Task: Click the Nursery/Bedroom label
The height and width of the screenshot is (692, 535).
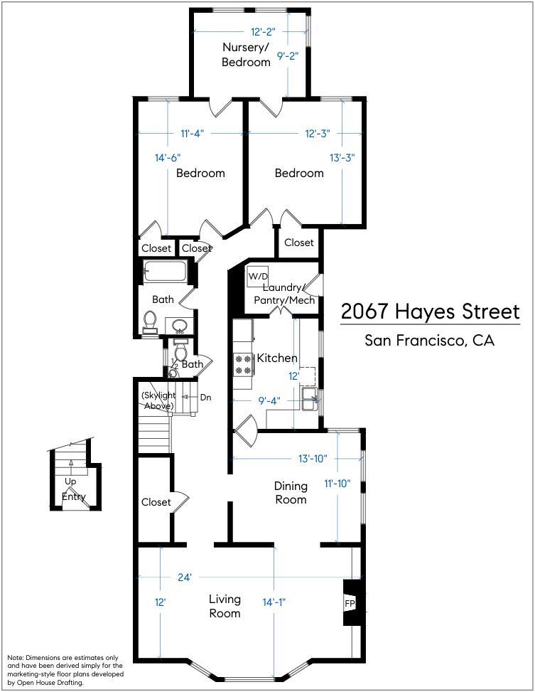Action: pos(246,54)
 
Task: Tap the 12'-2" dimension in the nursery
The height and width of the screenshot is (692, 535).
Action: pos(263,32)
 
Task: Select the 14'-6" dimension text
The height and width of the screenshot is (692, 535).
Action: pos(168,158)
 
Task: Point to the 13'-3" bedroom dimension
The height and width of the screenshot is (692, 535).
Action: pos(342,158)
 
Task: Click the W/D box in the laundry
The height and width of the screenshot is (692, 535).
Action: pos(258,277)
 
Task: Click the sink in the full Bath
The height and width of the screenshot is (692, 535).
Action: pos(179,326)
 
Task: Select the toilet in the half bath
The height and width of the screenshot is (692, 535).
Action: pos(180,351)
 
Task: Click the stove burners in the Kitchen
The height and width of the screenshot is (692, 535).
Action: pos(243,365)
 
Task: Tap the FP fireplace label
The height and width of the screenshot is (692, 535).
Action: pos(350,603)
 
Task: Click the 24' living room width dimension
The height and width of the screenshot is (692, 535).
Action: pos(184,577)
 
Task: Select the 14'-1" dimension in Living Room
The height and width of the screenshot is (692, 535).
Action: pos(274,602)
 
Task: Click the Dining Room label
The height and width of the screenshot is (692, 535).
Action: pos(291,493)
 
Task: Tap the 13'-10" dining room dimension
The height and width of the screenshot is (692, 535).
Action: pos(313,459)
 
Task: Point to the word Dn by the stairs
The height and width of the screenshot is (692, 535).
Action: pos(205,397)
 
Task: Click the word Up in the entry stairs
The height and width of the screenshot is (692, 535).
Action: pos(70,482)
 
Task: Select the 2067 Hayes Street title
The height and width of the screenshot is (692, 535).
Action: pos(431,312)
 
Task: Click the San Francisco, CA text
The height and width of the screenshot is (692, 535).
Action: pos(430,340)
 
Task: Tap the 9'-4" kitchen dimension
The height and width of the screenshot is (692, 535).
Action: pos(269,401)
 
